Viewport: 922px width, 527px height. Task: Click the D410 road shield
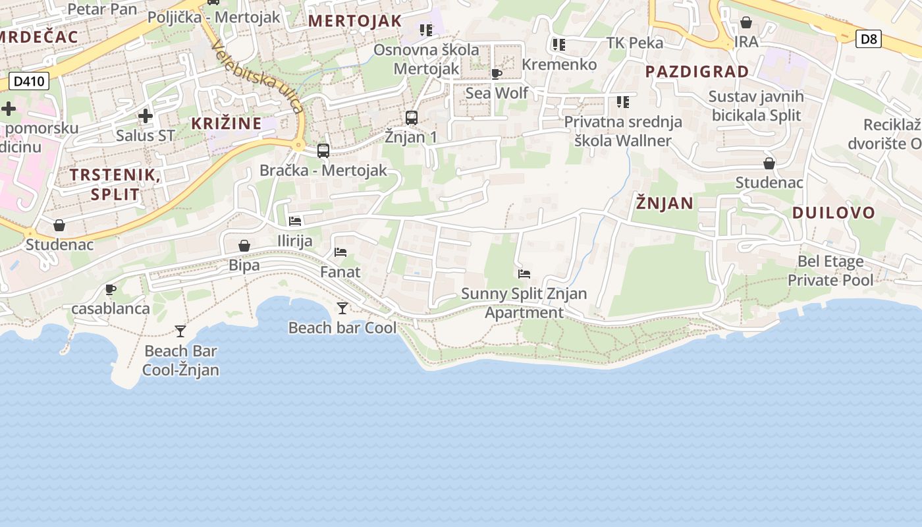click(x=29, y=82)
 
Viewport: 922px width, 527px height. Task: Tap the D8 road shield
click(x=869, y=39)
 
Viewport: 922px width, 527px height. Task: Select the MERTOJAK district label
click(x=355, y=20)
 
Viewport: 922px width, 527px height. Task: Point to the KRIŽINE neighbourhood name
click(x=227, y=123)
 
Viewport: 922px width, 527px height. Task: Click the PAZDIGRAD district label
click(x=697, y=71)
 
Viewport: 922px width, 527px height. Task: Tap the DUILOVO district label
click(x=833, y=212)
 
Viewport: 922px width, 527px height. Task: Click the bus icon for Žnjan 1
click(x=412, y=118)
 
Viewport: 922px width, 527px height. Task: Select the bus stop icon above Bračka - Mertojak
click(x=323, y=150)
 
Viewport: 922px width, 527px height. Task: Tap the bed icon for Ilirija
click(x=295, y=221)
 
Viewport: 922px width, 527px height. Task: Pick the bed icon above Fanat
click(x=340, y=252)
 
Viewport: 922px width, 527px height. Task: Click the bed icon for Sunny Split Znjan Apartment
click(x=524, y=274)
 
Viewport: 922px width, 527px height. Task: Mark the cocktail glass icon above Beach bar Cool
click(x=342, y=308)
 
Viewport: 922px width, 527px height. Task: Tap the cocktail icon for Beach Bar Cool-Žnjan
click(x=180, y=331)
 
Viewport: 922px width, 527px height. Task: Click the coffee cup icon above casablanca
click(x=111, y=289)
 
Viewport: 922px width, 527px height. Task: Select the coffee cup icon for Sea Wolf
click(x=497, y=74)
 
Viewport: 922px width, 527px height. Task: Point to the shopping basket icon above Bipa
click(x=244, y=246)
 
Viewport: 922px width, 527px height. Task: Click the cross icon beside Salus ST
click(x=146, y=117)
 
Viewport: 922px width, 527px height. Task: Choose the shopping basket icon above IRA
click(x=746, y=23)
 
